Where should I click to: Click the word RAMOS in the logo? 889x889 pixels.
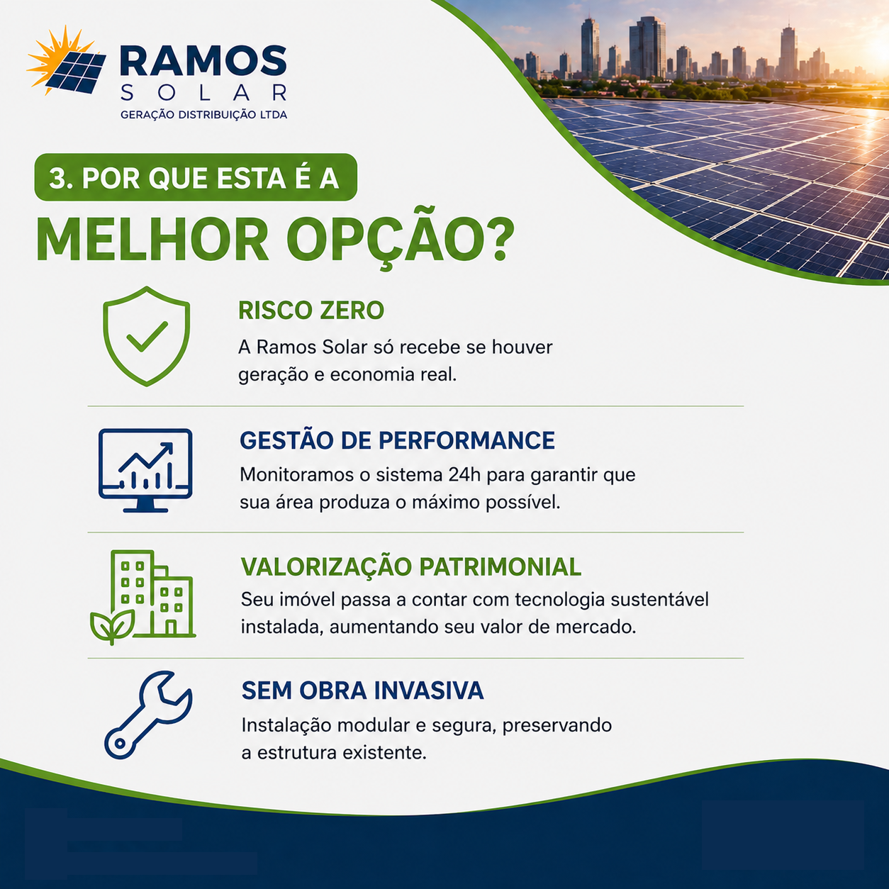point(203,60)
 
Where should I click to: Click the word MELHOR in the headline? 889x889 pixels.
point(152,240)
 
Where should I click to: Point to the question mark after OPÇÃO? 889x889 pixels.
point(499,239)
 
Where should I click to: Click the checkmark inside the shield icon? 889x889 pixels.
point(147,336)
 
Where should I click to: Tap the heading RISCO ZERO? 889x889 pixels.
point(311,310)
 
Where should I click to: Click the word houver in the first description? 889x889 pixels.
point(522,347)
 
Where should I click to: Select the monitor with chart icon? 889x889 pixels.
point(145,470)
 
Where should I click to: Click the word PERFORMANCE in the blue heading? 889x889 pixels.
point(466,440)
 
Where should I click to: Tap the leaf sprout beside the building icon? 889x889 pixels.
point(112,626)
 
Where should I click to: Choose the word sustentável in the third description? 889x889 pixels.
point(660,600)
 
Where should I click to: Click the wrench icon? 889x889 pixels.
point(147,715)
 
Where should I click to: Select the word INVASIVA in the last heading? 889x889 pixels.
point(429,690)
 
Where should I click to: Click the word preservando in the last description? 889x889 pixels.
point(557,726)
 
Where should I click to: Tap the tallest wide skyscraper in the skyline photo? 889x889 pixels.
point(648,47)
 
